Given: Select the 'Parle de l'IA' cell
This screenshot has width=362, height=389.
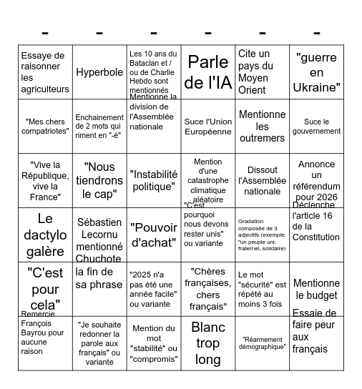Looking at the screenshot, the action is (x=208, y=72).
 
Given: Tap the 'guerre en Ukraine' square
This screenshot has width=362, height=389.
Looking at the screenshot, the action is (x=316, y=72).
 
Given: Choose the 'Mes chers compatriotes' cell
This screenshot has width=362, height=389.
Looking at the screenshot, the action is (x=45, y=127).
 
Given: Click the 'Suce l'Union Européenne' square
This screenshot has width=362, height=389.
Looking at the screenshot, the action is (x=208, y=127).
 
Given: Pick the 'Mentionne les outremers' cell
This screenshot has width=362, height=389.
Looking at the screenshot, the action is (x=262, y=127).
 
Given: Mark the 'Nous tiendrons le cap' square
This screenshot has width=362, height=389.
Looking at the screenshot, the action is (x=99, y=181).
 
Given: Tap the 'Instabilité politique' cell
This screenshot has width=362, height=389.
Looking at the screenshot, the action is (x=153, y=181).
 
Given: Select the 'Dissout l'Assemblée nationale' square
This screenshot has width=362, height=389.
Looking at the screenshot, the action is (x=262, y=181).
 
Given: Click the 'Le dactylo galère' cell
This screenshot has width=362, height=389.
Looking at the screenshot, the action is (x=45, y=235).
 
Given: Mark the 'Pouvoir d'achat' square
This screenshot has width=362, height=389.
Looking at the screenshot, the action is (x=153, y=235).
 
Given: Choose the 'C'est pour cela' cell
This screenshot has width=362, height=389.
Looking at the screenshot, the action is (x=45, y=289).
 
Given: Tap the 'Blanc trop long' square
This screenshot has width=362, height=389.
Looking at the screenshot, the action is (x=208, y=343).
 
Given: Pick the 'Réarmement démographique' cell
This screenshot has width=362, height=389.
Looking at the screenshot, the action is (x=262, y=343).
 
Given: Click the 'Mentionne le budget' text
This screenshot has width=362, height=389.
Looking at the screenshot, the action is (x=316, y=289).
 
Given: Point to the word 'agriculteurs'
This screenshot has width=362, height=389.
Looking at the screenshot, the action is (x=45, y=89).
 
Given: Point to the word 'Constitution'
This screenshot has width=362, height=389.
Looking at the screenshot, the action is (x=316, y=237).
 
